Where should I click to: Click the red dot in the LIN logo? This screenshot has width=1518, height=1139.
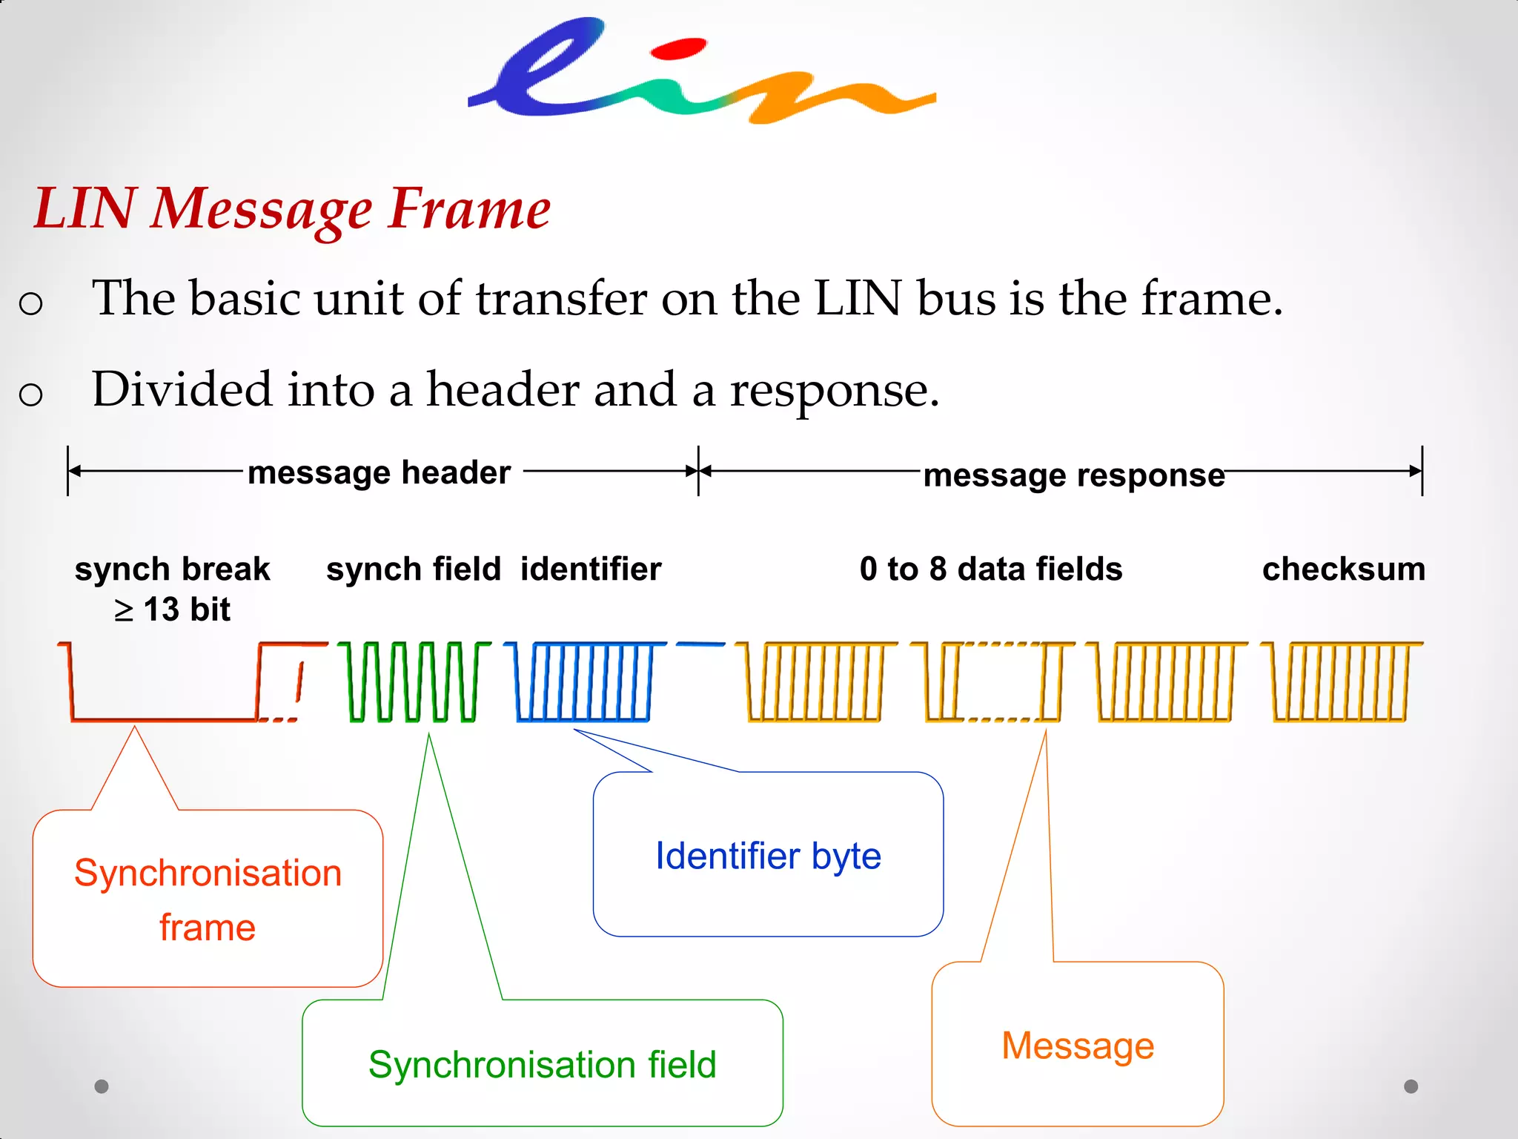[677, 49]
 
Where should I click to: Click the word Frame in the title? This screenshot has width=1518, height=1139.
[470, 209]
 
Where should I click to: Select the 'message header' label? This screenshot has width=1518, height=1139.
[379, 472]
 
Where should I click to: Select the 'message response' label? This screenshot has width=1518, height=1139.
[1073, 475]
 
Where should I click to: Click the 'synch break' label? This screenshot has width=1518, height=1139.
[172, 569]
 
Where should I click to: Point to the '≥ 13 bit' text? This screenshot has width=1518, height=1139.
[172, 610]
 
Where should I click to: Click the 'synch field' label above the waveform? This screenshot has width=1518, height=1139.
[414, 569]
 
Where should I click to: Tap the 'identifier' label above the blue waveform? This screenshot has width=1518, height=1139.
[591, 569]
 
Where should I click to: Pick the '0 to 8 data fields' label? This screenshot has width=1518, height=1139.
[991, 569]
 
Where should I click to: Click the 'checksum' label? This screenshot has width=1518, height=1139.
[1343, 569]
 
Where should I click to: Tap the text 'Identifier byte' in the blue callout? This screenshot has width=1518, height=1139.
[768, 856]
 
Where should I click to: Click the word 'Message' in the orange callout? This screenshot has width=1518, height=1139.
[1078, 1046]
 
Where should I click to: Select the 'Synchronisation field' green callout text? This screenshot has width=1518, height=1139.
[542, 1065]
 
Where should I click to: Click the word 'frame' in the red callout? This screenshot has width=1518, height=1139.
[208, 928]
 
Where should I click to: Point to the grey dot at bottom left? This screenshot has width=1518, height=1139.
[102, 1086]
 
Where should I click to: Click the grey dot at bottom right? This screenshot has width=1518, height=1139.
[1411, 1086]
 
